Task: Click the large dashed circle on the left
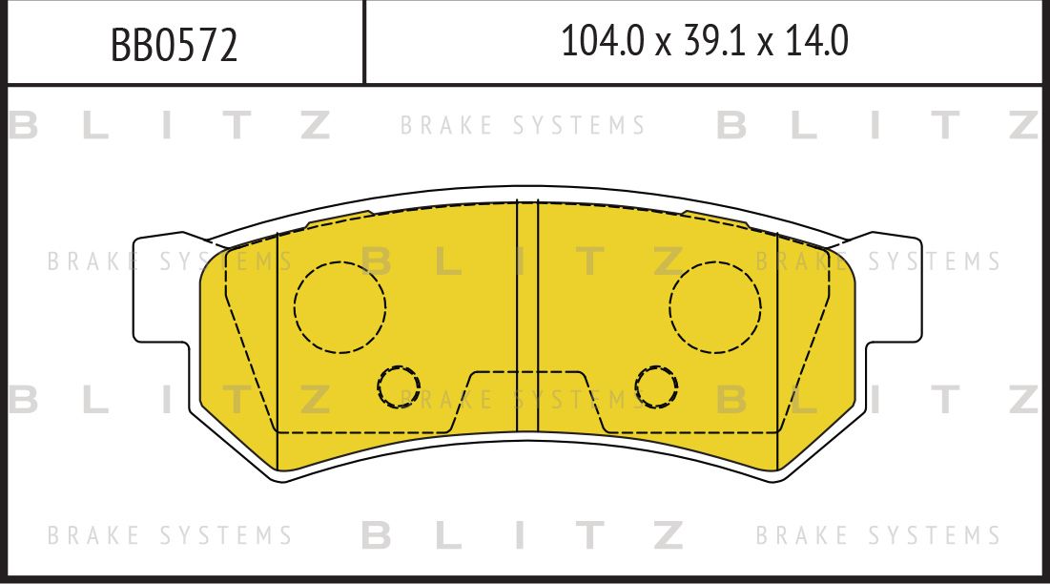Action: pos(340,306)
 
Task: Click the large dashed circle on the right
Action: pos(715,306)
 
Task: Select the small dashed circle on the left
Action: pos(398,386)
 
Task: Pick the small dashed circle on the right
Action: pos(657,386)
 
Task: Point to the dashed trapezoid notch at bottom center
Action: pos(527,401)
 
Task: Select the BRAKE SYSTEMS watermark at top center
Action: pos(523,126)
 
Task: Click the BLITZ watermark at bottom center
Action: pos(523,535)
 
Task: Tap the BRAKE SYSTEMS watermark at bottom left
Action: pos(170,535)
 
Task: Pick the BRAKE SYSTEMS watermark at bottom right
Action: pos(878,535)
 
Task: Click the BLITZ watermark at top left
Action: pos(170,126)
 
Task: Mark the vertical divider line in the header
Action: pos(364,42)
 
